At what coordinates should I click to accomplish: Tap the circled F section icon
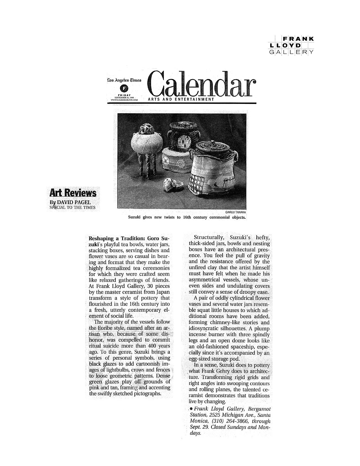(125, 88)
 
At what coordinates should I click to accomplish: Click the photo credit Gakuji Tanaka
(235, 212)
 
